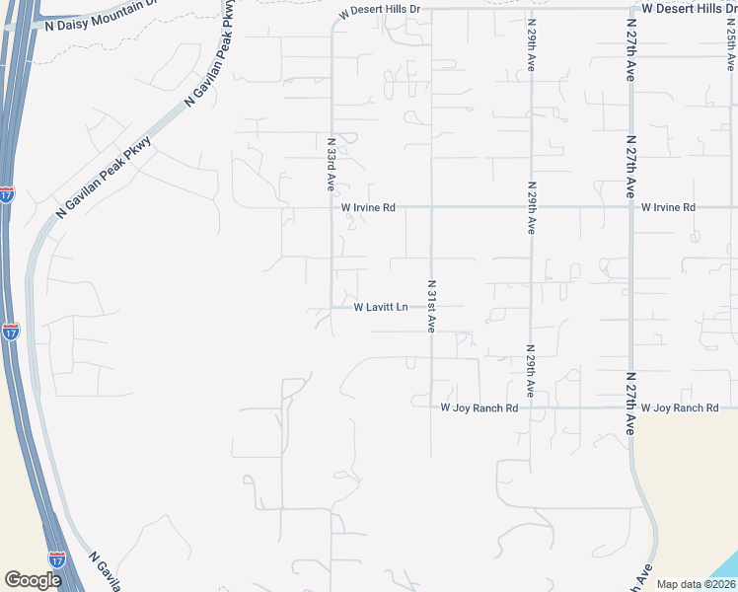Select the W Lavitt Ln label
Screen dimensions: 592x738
[381, 307]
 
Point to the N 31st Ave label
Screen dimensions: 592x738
[431, 306]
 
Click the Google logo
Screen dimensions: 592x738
[32, 580]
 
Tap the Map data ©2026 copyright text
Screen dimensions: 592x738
[697, 584]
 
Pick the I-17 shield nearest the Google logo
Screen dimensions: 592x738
[57, 558]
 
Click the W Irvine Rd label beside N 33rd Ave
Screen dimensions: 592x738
[368, 208]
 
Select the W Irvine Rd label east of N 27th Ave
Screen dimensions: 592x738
[668, 207]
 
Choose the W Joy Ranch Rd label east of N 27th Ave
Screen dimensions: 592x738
[679, 407]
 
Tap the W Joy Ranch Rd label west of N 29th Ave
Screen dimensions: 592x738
[479, 407]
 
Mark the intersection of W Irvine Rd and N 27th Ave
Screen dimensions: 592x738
[630, 207]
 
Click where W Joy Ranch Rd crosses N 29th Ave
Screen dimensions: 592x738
[532, 407]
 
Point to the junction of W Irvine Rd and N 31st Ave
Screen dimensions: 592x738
[431, 207]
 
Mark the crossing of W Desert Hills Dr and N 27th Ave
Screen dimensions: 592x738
[630, 8]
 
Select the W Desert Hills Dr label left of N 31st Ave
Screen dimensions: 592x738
[379, 10]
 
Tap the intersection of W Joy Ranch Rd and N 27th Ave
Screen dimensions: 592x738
[630, 407]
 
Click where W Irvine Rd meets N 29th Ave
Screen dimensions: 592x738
[532, 207]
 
